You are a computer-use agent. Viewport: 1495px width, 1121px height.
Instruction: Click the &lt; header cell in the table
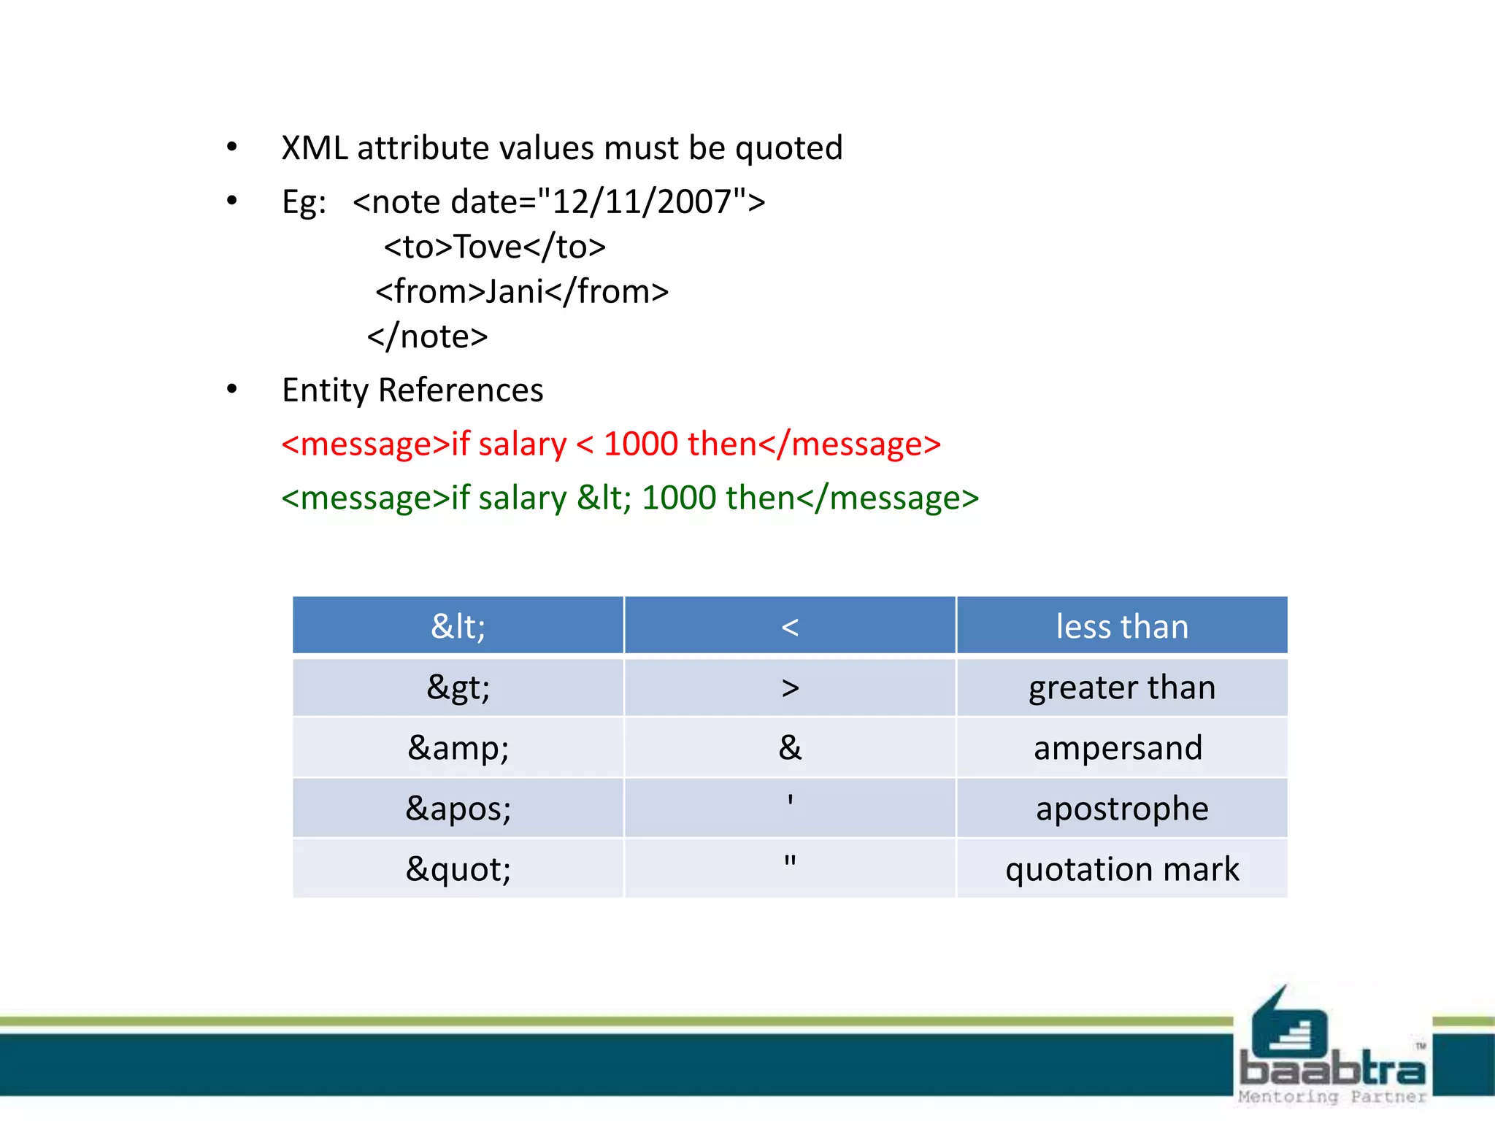point(458,626)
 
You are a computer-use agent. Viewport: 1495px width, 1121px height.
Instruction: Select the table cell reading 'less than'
point(1122,626)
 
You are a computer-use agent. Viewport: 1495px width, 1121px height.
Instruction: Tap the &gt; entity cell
point(458,687)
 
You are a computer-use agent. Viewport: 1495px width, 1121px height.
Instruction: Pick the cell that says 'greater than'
point(1122,687)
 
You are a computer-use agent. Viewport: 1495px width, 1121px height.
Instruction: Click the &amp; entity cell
point(458,748)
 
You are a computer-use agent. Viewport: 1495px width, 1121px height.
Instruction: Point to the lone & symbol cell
point(790,748)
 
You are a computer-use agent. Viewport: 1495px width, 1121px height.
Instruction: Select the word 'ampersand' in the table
point(1118,748)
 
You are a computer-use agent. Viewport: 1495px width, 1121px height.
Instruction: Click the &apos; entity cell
point(458,809)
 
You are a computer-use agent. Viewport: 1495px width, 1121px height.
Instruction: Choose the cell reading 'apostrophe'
point(1122,809)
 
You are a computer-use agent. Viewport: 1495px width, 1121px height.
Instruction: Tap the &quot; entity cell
point(458,869)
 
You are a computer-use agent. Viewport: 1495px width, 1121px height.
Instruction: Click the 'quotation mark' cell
point(1122,869)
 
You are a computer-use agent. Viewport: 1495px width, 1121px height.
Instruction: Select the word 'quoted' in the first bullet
point(788,148)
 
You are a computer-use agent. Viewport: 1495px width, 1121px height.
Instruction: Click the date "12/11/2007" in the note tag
point(642,202)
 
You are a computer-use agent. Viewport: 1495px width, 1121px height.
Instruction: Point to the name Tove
point(488,247)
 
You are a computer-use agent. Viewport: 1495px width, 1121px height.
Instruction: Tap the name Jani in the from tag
point(515,292)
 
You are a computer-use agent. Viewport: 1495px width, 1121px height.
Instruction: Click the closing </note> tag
point(427,336)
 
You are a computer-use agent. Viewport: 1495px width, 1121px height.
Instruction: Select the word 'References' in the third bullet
point(461,390)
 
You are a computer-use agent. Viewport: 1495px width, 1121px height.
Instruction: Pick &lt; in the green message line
point(604,498)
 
